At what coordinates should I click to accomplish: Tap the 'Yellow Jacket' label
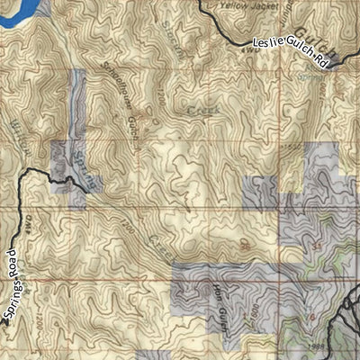(x=245, y=5)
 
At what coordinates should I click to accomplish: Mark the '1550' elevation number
(x=290, y=145)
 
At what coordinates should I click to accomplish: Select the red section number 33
(x=316, y=244)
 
